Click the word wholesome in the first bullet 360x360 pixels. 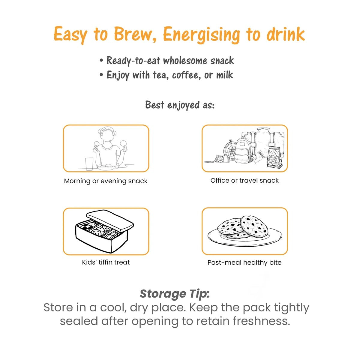point(185,60)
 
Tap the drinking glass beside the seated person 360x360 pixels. point(89,164)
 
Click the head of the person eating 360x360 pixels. point(107,134)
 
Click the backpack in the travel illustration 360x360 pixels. point(242,151)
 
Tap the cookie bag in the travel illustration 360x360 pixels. point(274,157)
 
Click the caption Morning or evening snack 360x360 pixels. point(106,181)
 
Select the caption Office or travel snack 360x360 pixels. point(244,180)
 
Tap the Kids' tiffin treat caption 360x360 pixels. point(106,262)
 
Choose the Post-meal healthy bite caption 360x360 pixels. point(244,262)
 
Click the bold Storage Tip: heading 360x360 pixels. point(175,294)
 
